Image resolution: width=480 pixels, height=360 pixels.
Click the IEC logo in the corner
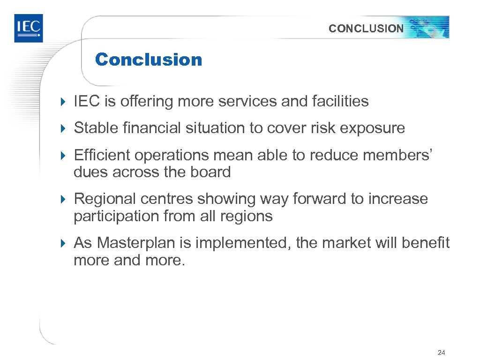click(x=28, y=28)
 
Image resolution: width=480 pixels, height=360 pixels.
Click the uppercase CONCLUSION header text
click(x=366, y=29)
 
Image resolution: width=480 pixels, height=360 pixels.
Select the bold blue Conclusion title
click(x=148, y=60)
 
